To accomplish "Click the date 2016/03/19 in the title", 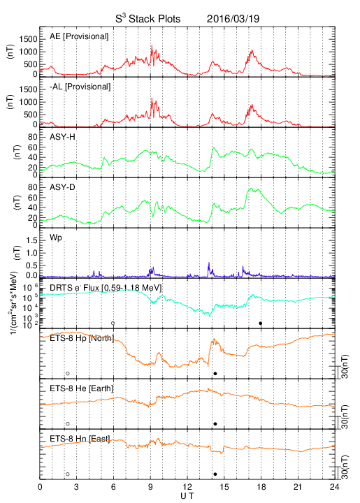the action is [233, 19].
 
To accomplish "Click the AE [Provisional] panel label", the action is [79, 36].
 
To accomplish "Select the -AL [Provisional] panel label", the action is [80, 87].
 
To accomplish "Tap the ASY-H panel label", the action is [62, 137].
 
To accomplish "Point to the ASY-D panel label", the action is [62, 187].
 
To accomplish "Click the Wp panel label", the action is [56, 238].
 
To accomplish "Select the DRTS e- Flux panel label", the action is [106, 288].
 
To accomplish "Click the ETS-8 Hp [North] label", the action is [82, 338].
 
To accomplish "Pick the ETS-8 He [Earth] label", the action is [82, 388].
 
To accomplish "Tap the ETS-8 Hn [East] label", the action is [80, 439].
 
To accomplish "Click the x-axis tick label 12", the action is [187, 487].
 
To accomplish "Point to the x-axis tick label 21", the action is [298, 487].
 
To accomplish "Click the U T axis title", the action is [187, 496].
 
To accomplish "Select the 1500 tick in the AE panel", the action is [29, 39].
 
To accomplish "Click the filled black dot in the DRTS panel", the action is [261, 323].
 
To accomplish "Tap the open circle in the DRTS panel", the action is [113, 323].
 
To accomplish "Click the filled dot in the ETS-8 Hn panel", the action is [215, 474].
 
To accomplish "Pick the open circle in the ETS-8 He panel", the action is [68, 424].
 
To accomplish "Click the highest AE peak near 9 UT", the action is [152, 46].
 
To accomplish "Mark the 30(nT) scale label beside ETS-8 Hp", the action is [345, 367].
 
